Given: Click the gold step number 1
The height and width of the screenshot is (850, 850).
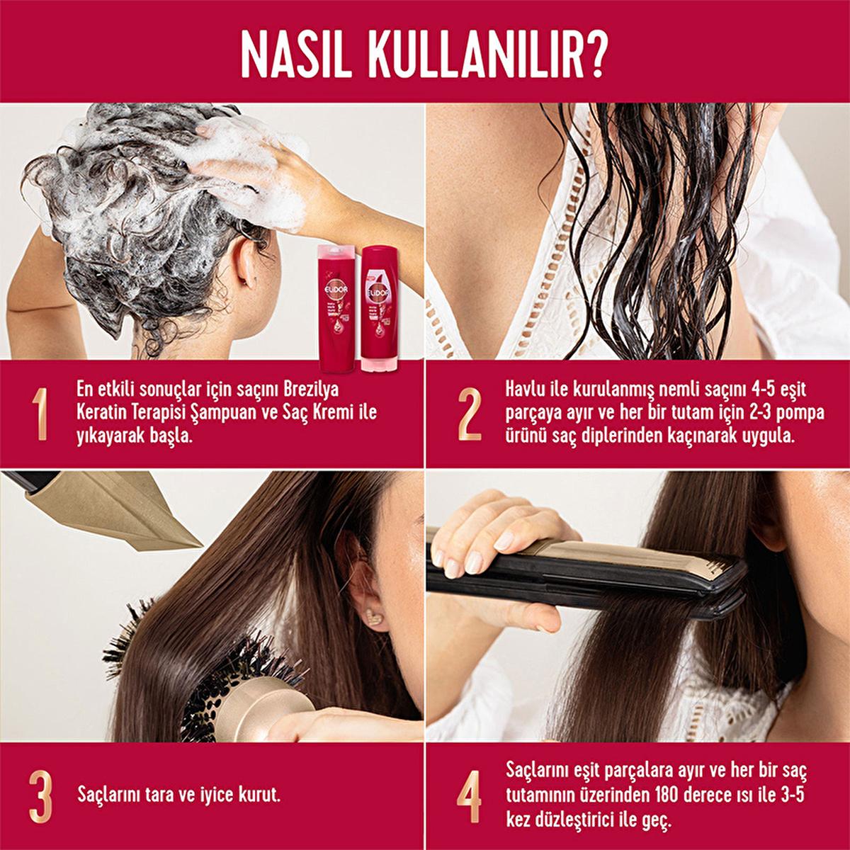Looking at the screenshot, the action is tap(41, 414).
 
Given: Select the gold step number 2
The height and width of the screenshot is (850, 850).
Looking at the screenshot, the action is tap(469, 414).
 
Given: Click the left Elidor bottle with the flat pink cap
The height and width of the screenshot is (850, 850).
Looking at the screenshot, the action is tap(336, 308).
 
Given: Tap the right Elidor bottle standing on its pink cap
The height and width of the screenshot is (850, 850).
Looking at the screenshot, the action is tap(380, 308).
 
